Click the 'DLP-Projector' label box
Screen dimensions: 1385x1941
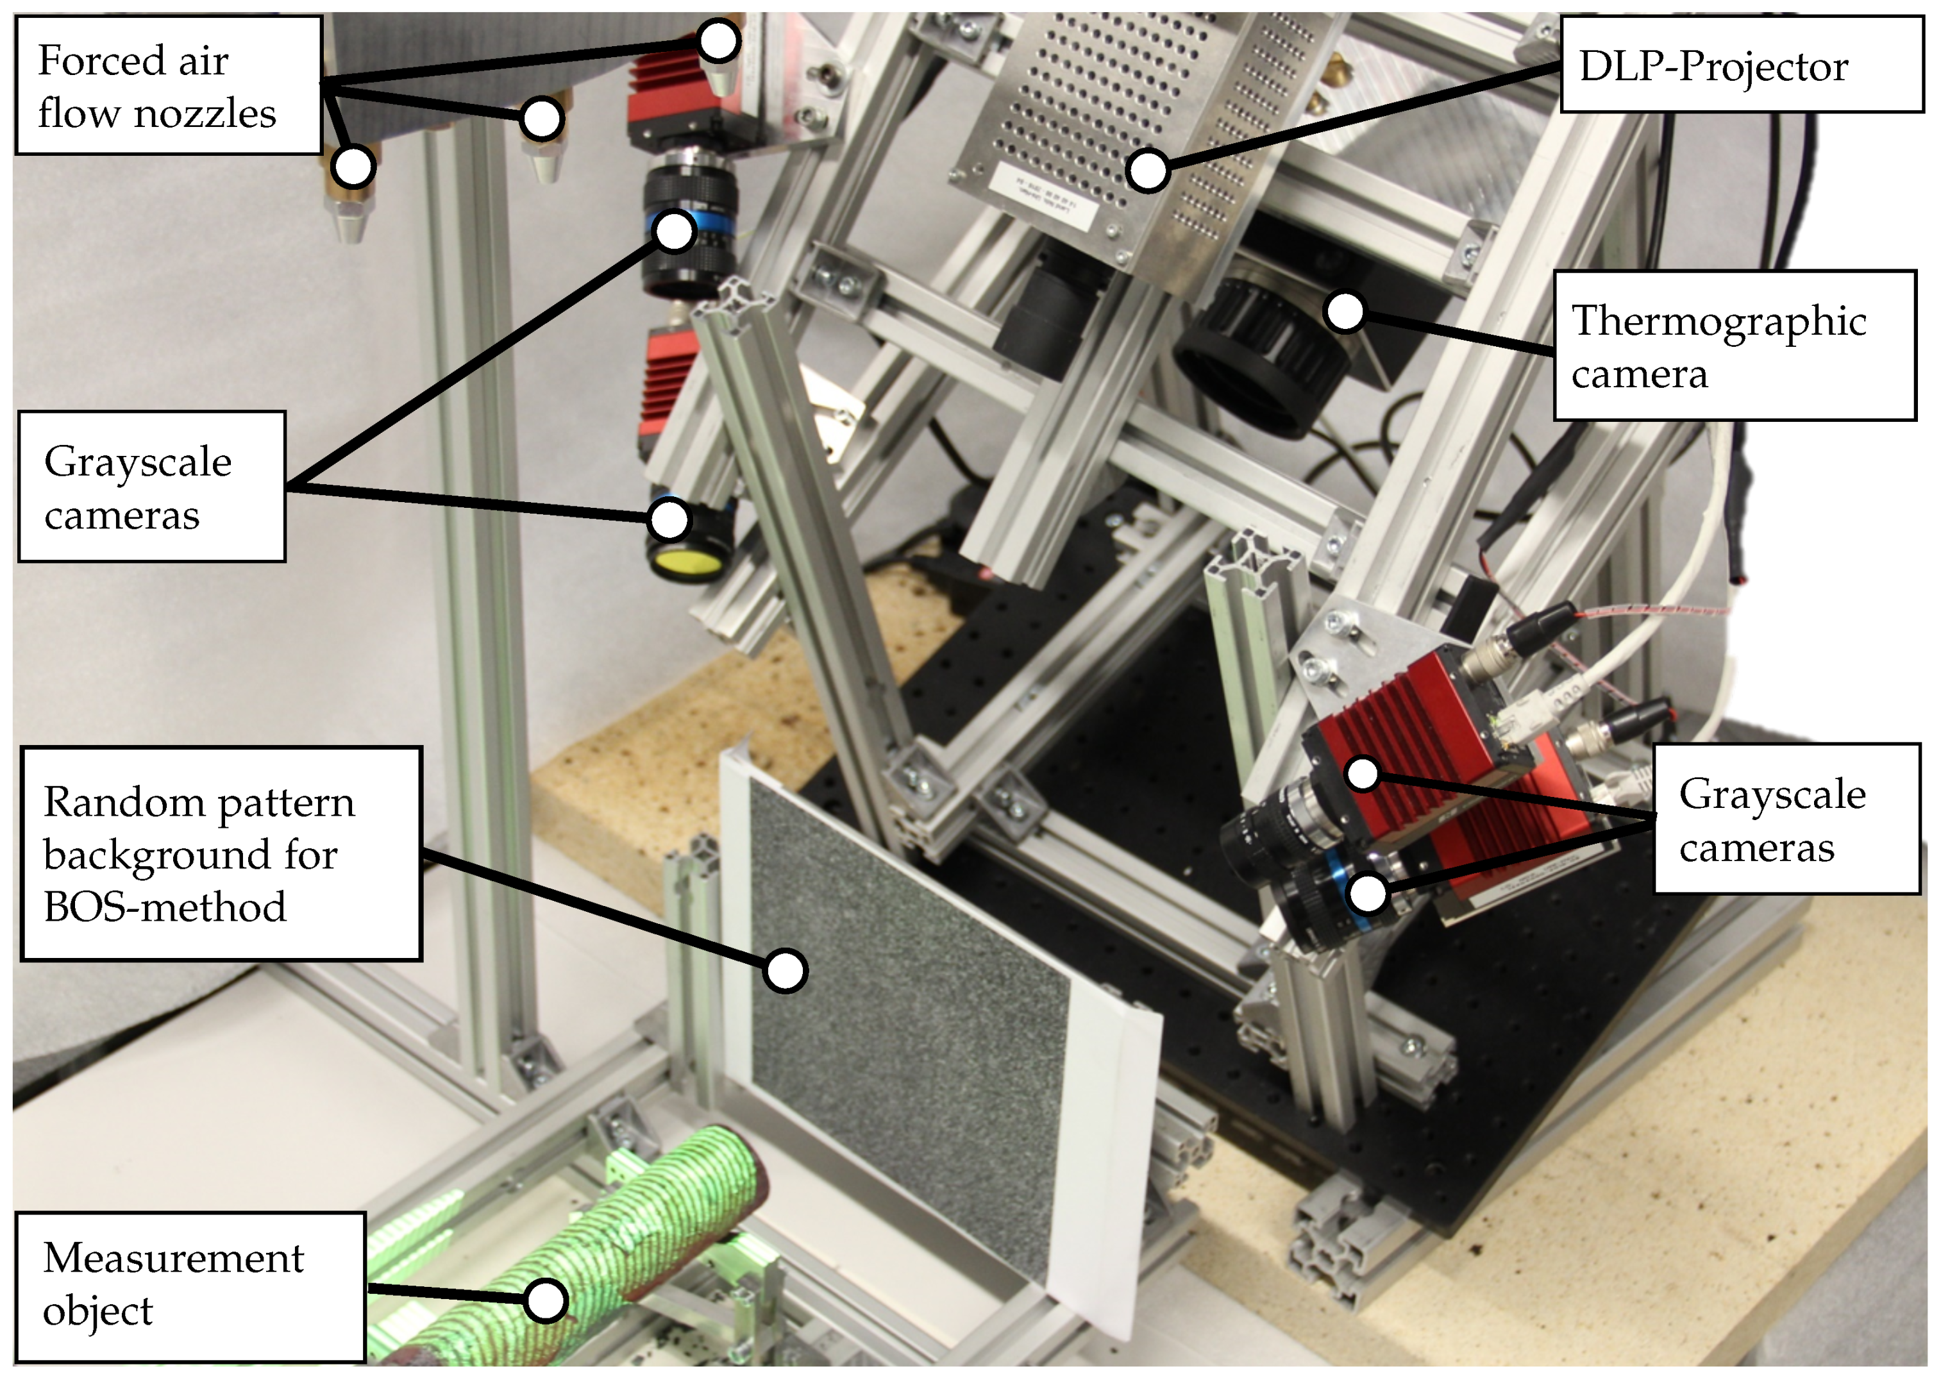tap(1742, 64)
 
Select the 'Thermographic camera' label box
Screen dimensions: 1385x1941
tap(1734, 346)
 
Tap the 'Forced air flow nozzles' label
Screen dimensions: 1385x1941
tap(168, 85)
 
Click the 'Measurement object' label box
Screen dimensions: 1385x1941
tap(191, 1286)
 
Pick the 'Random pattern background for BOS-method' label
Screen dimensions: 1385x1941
tap(221, 853)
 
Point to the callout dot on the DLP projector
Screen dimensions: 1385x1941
tap(1147, 171)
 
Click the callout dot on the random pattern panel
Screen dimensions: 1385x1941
tap(785, 971)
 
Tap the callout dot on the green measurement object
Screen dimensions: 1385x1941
tap(545, 1300)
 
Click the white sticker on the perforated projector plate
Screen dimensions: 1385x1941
tap(1045, 196)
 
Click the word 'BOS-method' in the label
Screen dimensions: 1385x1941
tap(165, 907)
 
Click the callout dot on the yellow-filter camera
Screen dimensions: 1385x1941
tap(669, 519)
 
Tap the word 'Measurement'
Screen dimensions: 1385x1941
tap(173, 1259)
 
